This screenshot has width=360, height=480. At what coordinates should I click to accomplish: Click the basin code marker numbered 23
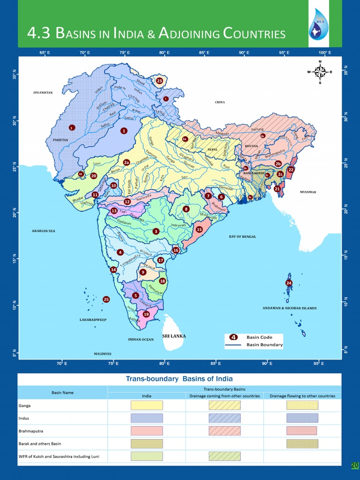(x=159, y=81)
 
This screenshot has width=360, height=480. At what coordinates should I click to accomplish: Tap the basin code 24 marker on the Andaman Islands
(x=289, y=283)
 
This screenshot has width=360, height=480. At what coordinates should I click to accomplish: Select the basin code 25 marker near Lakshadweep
(x=106, y=299)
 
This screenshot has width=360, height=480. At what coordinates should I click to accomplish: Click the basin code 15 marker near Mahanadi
(x=199, y=230)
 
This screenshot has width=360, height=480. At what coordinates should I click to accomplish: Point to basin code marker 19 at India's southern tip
(x=146, y=314)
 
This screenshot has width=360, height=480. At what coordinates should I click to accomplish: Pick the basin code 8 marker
(x=186, y=209)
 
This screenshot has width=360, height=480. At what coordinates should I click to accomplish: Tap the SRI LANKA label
(x=174, y=336)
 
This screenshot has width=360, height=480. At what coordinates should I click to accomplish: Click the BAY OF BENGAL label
(x=242, y=237)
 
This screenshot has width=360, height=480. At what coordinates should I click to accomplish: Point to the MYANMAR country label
(x=308, y=192)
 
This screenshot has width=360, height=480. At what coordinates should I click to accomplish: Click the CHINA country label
(x=220, y=102)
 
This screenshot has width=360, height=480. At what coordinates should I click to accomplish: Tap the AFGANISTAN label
(x=43, y=93)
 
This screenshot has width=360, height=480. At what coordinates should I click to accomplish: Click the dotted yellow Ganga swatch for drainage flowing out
(x=302, y=405)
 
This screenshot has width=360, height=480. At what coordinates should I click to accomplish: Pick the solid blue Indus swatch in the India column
(x=147, y=418)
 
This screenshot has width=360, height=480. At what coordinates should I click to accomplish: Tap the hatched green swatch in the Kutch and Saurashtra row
(x=225, y=456)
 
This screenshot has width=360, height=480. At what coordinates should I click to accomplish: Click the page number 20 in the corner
(x=354, y=465)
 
